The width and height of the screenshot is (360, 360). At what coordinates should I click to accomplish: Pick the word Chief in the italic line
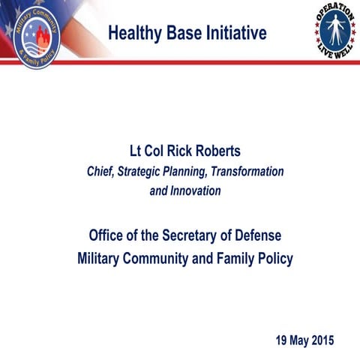pos(102,172)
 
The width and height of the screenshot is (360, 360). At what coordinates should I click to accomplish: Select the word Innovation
pos(196,190)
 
